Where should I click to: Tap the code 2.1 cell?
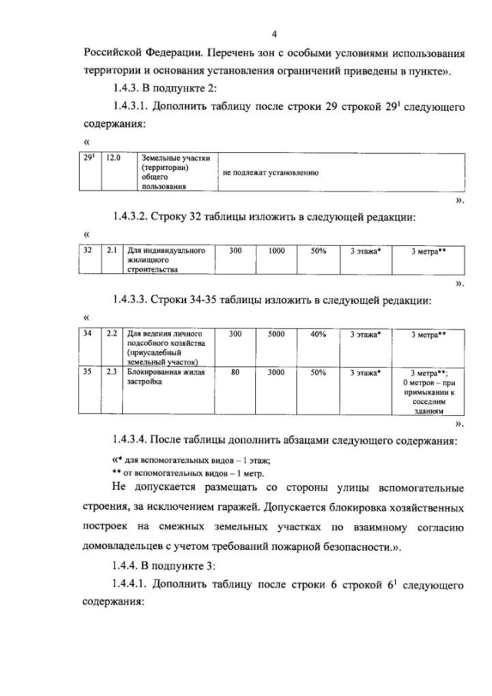(111, 251)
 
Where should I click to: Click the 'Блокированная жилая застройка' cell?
(164, 377)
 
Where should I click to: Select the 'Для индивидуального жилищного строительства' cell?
(164, 260)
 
